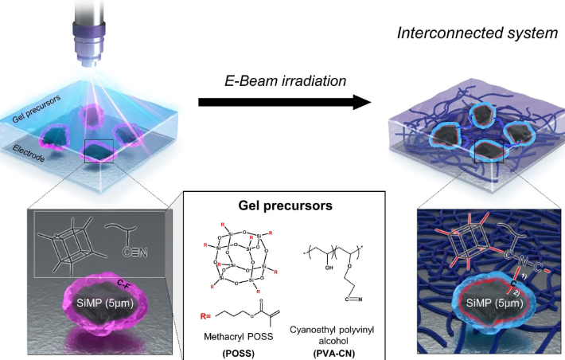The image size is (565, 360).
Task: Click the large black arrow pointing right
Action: [x=284, y=102]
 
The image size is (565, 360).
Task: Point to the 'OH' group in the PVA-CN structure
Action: [x=331, y=268]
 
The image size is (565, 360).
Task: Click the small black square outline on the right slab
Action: [x=487, y=151]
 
